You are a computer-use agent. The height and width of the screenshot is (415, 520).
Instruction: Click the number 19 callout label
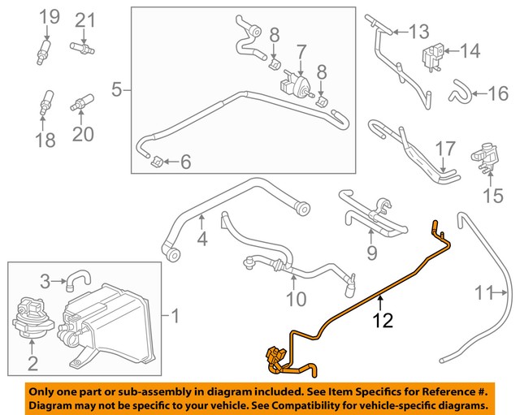[50, 17]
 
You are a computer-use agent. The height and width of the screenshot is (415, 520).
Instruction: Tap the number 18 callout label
[45, 142]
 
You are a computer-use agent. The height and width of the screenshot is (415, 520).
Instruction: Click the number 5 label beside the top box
[116, 89]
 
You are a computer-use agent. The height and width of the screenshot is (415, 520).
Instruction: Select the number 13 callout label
[418, 32]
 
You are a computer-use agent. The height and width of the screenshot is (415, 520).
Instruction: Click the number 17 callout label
[446, 149]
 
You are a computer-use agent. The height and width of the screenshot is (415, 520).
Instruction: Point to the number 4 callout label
[202, 240]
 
